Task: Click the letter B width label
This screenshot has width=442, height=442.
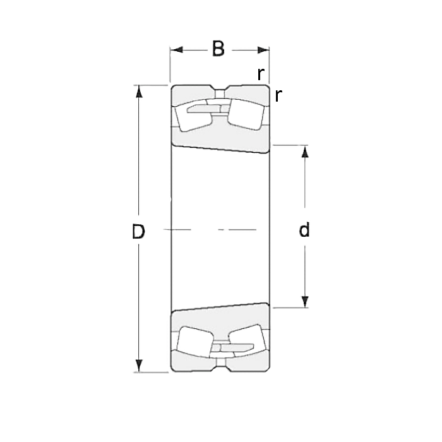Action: coord(218,49)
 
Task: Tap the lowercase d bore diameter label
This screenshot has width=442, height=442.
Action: coord(304,231)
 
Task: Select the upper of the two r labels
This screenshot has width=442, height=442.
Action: coord(260,73)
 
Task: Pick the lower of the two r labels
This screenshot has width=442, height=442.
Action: coord(278,95)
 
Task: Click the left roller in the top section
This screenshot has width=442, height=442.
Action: coord(193,115)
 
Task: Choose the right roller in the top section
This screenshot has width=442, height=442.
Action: coord(246,114)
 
